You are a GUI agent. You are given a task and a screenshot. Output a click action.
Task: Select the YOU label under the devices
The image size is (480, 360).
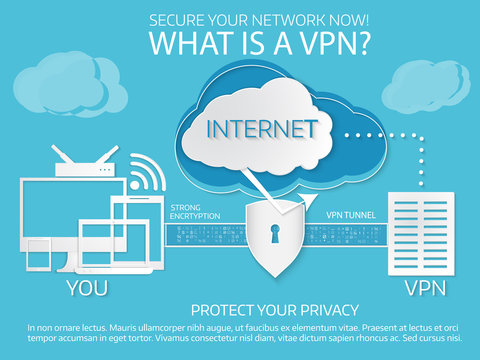point(87,288)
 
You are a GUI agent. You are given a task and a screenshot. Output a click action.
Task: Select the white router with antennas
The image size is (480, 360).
point(87,166)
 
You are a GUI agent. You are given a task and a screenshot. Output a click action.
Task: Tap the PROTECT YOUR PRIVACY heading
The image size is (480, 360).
point(274,310)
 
